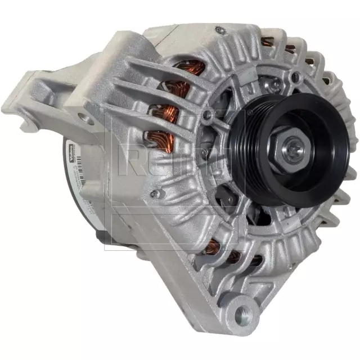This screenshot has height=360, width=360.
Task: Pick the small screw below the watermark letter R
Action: pyautogui.click(x=159, y=193)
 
